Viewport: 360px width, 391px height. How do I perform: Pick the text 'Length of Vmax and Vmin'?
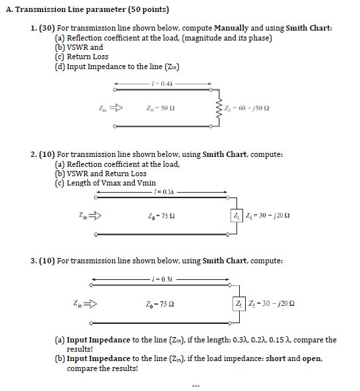(105, 182)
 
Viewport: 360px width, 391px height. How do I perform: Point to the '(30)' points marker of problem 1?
(47, 29)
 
